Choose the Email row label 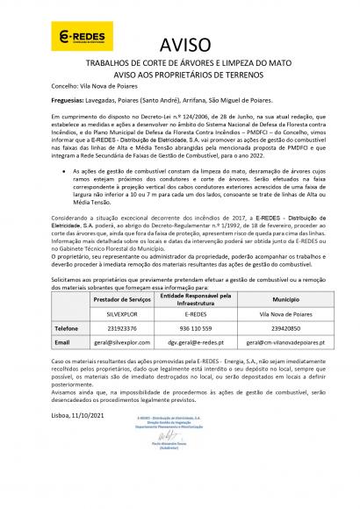click(38, 340)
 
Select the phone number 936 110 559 click(204, 326)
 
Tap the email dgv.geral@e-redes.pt click(204, 340)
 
